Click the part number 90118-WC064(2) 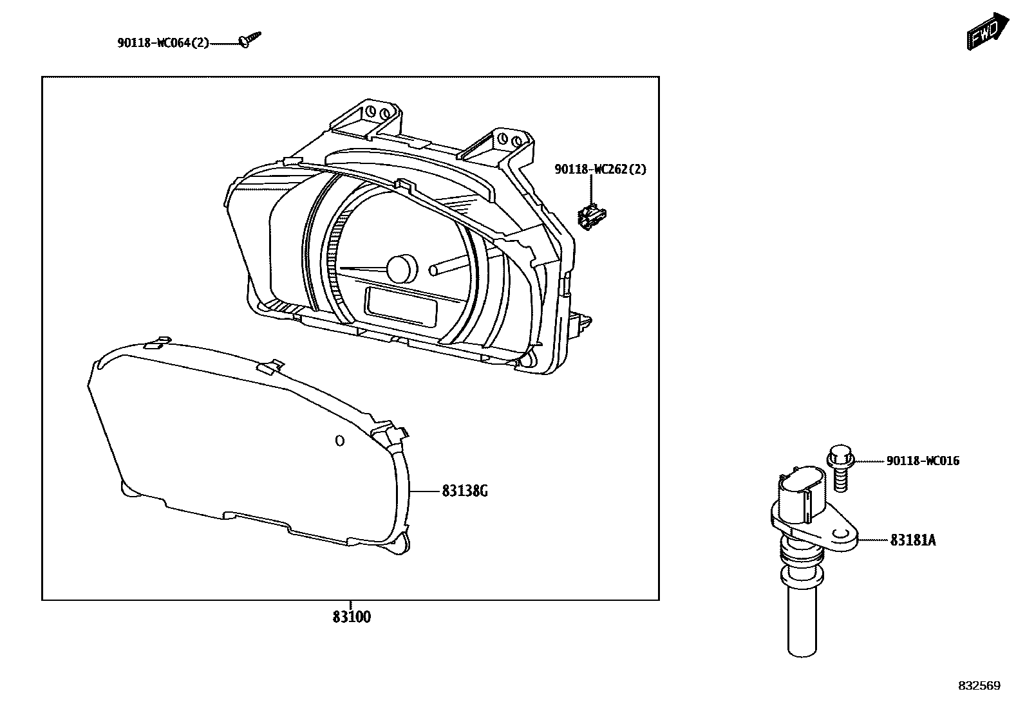163,43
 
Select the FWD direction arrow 985,31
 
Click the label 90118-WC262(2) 600,169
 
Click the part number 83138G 464,491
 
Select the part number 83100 352,617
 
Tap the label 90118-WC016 923,461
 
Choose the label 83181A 912,540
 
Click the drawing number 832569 979,686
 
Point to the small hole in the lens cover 340,441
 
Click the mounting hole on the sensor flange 840,535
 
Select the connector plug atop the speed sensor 802,495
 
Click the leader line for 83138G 425,491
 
